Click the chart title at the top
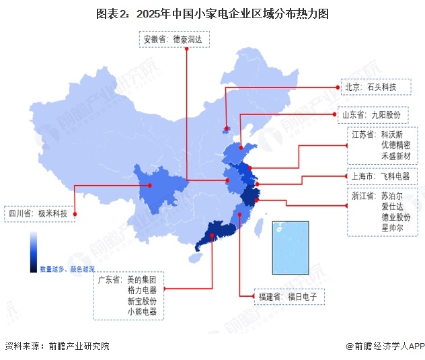(x=212, y=13)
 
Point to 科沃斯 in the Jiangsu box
(x=395, y=134)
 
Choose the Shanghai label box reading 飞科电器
(x=381, y=178)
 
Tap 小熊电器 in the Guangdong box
(x=141, y=312)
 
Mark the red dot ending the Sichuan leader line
(x=75, y=215)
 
